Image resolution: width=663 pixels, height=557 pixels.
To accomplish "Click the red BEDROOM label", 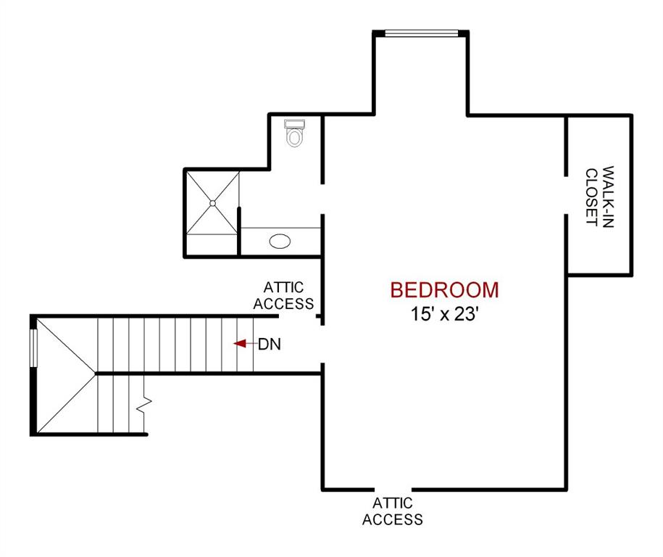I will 444,290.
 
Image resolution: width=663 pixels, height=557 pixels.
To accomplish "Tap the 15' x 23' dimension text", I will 444,315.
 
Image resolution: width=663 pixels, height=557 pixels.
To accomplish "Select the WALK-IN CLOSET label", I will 599,197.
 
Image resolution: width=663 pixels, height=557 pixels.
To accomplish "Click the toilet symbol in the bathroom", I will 294,133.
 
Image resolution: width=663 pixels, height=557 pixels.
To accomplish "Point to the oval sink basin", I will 280,241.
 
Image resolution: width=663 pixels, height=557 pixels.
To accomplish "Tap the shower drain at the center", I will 212,203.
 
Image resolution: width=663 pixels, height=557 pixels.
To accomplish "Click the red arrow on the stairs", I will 240,344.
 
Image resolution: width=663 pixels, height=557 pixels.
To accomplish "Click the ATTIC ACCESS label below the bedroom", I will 392,511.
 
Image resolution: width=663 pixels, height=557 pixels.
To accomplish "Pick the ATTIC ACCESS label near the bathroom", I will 283,296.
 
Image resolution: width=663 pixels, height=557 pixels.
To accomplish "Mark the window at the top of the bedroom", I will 421,33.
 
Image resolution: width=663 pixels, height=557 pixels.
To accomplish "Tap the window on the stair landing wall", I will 33,348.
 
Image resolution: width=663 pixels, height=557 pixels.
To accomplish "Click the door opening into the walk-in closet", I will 565,195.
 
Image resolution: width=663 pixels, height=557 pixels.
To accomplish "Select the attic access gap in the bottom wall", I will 392,488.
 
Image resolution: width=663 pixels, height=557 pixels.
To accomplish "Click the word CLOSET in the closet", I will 592,197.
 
